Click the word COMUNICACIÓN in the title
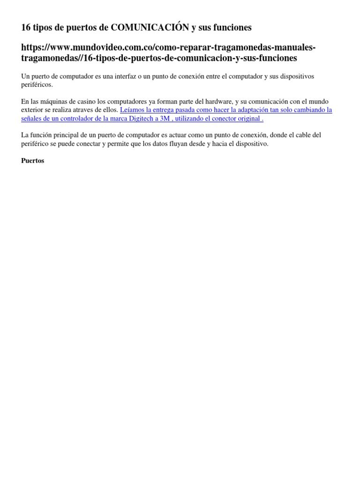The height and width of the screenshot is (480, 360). point(150,28)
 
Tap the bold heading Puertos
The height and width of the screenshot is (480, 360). point(33,160)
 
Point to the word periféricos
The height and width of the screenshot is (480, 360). point(37,85)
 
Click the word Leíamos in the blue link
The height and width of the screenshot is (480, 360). point(133,110)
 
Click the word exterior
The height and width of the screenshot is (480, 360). point(33,110)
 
